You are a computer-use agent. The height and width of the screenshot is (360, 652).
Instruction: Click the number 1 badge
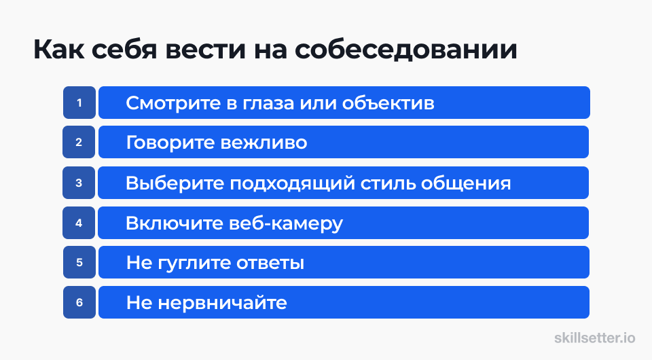[x=79, y=103]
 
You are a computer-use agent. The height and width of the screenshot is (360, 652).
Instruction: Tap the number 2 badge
[x=79, y=142]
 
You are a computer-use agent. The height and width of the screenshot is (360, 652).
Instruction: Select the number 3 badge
[x=79, y=183]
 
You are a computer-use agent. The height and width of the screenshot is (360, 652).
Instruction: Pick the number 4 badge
[x=79, y=223]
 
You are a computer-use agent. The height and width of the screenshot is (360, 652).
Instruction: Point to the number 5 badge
[x=79, y=262]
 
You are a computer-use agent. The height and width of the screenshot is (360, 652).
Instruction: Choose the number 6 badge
[x=79, y=302]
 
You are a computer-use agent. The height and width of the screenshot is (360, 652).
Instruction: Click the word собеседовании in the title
[x=406, y=50]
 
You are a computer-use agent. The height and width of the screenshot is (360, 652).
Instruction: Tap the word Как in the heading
[x=58, y=50]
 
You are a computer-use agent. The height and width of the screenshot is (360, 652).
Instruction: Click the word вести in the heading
[x=205, y=50]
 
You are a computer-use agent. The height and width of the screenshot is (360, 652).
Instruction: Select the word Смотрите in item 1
[x=173, y=103]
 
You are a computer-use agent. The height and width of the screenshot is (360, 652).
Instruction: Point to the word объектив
[x=388, y=103]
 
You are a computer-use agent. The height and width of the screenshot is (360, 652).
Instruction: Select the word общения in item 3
[x=466, y=183]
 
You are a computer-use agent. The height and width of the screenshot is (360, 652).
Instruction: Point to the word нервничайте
[x=223, y=303]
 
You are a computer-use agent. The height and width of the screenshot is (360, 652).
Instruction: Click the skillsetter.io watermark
[x=595, y=338]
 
